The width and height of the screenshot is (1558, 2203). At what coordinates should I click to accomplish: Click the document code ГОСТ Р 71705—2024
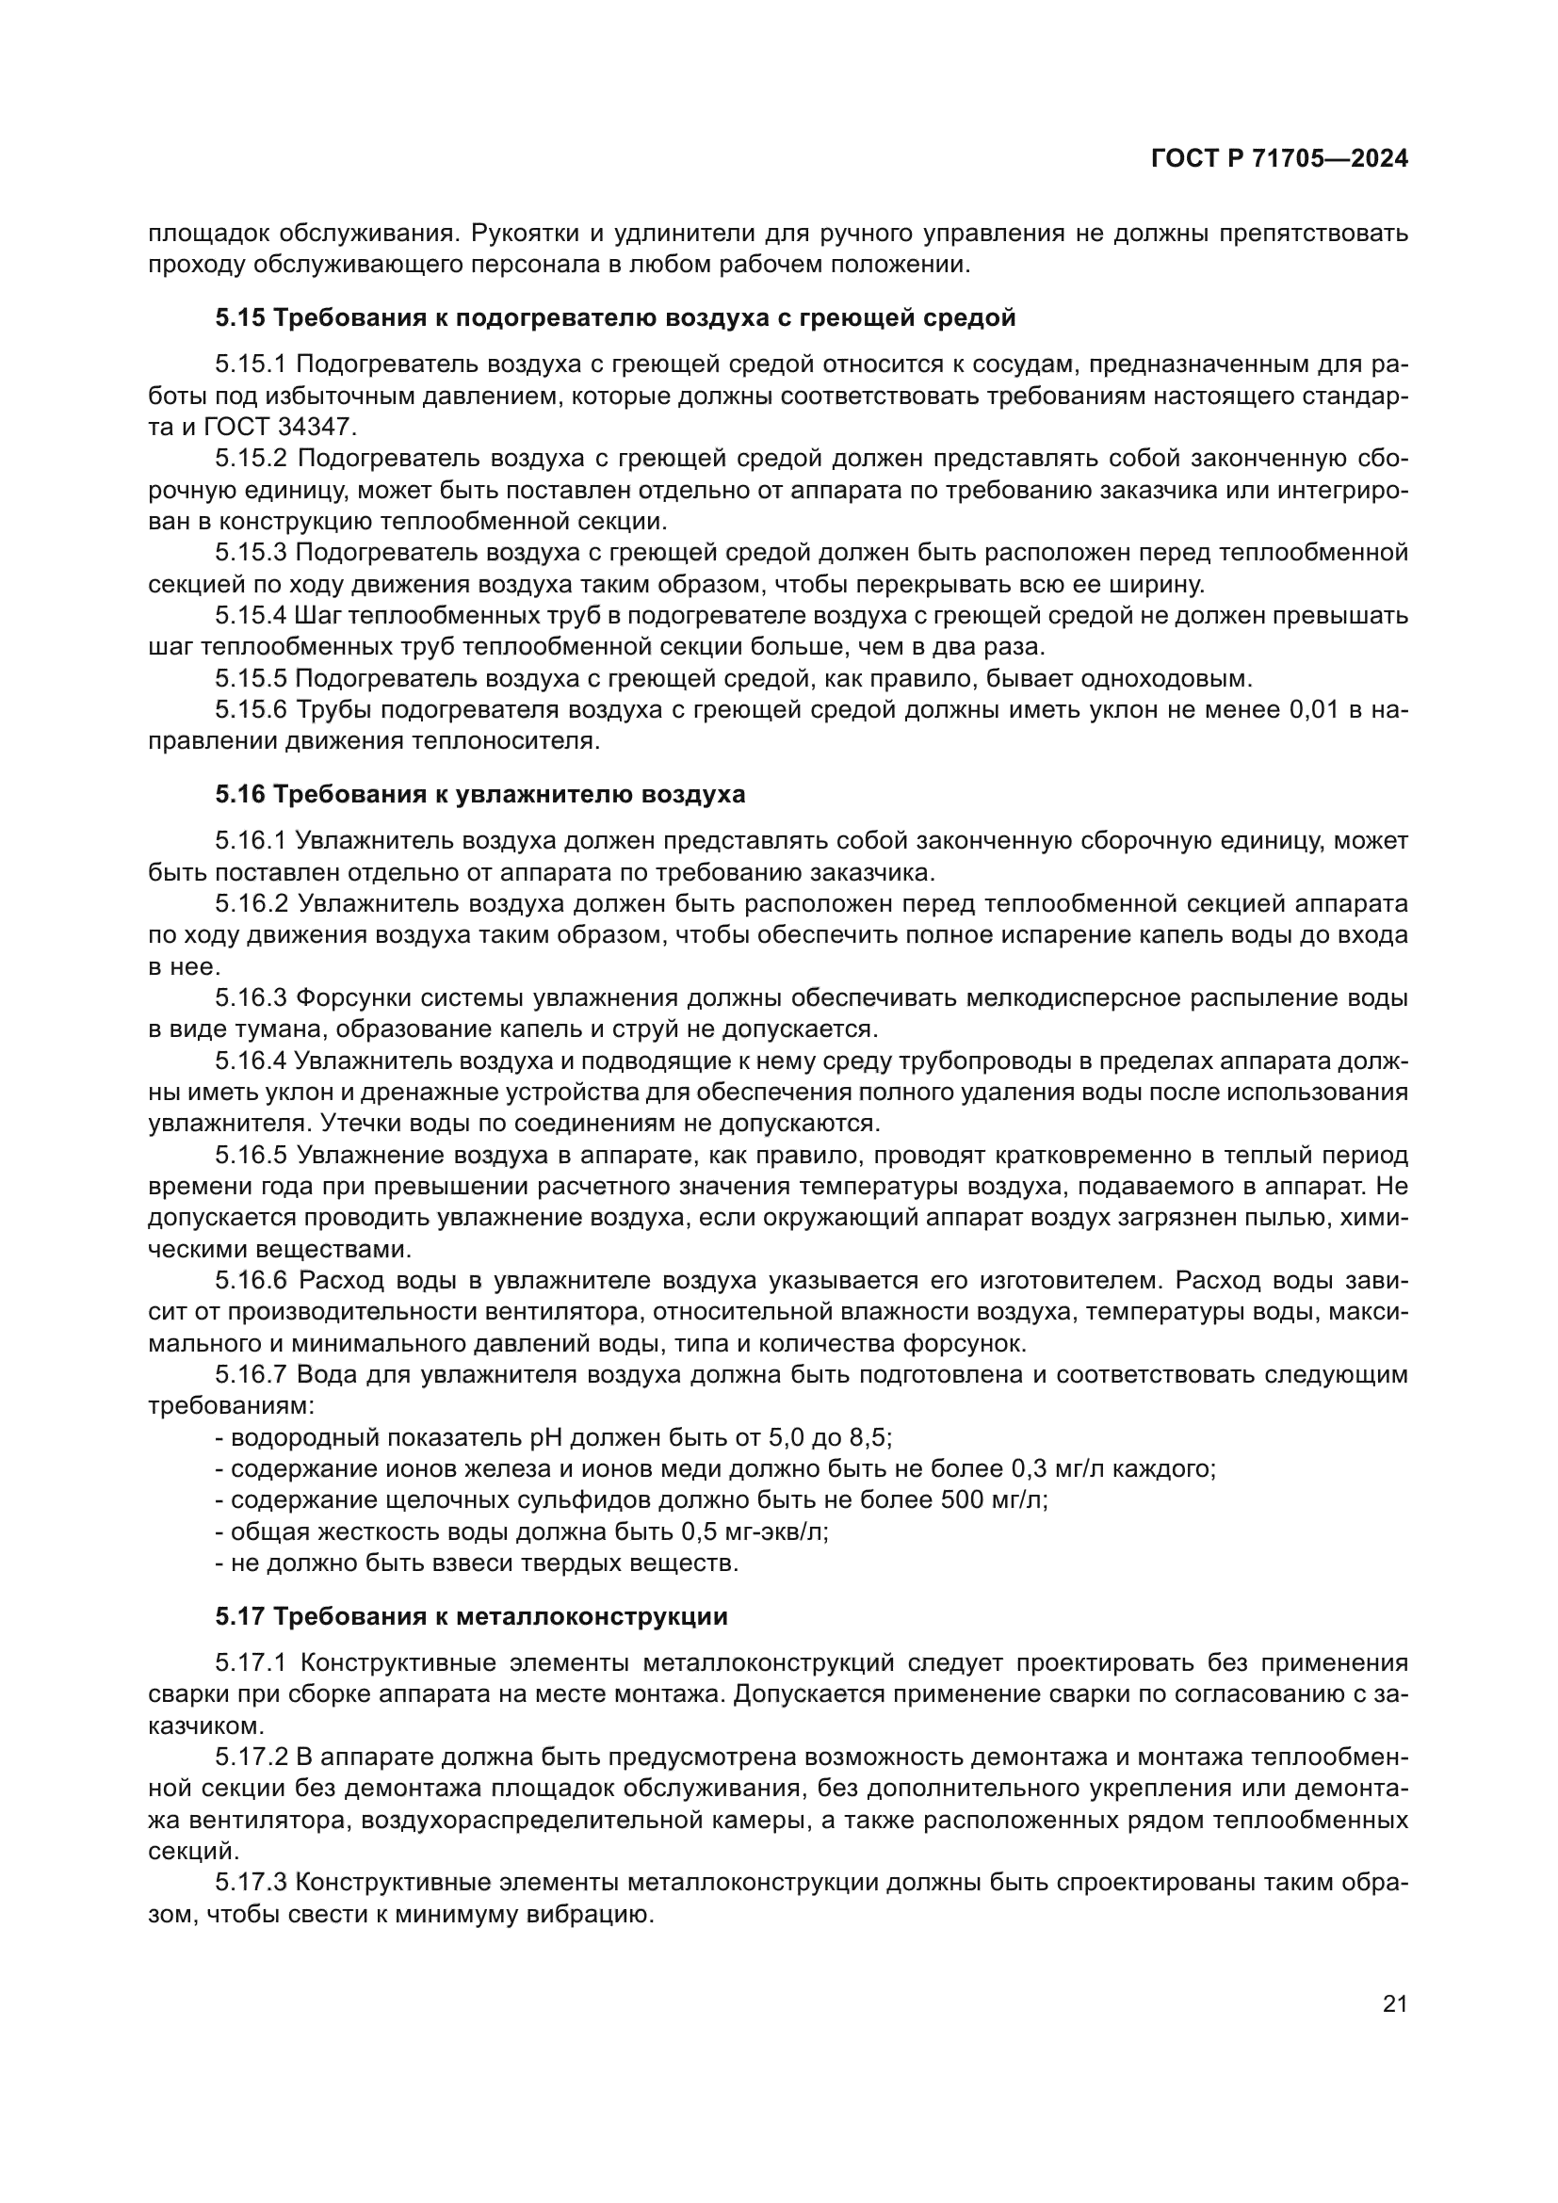pos(1279,159)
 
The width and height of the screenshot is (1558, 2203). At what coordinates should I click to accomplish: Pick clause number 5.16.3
pos(251,997)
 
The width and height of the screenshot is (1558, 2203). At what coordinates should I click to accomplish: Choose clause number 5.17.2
pos(251,1757)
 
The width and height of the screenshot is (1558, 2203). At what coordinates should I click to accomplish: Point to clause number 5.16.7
pos(251,1375)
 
